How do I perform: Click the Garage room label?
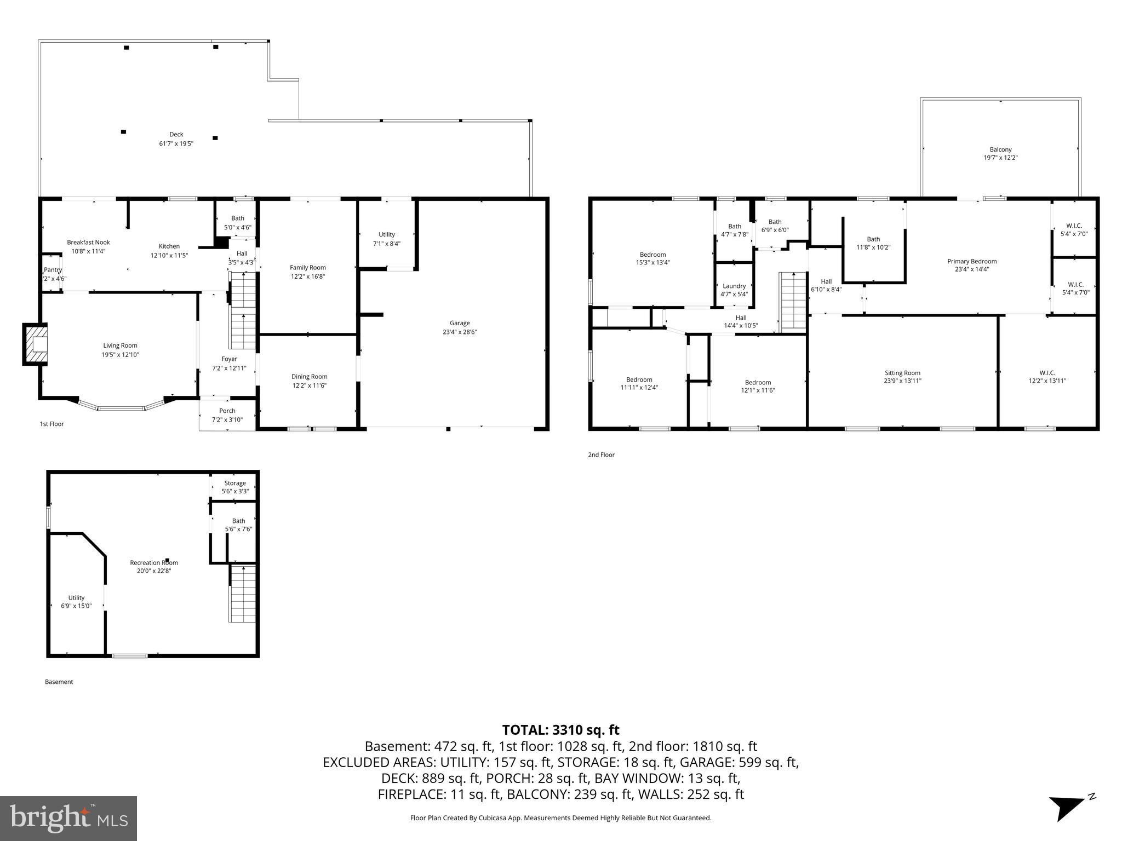tap(460, 323)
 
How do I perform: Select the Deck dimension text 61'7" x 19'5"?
tap(176, 143)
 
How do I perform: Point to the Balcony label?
tap(1000, 149)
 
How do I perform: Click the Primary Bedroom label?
tap(972, 261)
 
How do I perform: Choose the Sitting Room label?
tap(902, 373)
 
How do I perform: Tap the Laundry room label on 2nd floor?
tap(734, 286)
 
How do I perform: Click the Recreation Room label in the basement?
tap(154, 562)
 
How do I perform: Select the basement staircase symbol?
tap(242, 594)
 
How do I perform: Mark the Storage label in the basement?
tap(235, 483)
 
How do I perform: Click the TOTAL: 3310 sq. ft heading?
tap(560, 730)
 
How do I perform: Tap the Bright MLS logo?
tap(68, 818)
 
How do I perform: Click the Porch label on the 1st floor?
tap(227, 411)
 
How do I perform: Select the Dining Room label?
tap(310, 376)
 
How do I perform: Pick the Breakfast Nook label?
tap(88, 242)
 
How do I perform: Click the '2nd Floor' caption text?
tap(601, 454)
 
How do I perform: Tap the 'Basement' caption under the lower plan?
tap(59, 682)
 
